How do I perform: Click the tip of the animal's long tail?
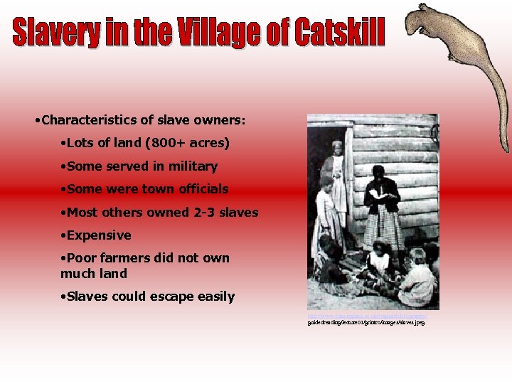[507, 151]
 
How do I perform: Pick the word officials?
[201, 189]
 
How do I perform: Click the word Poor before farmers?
[82, 258]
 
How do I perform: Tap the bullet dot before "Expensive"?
[63, 235]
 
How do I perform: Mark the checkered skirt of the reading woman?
[383, 228]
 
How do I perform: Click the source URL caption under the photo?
[366, 319]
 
